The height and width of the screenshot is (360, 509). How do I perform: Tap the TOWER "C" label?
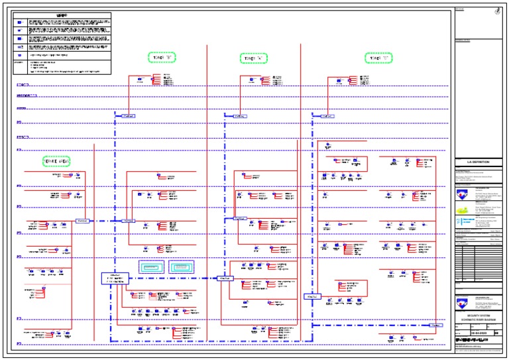point(378,58)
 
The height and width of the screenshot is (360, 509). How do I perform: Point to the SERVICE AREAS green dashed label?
point(56,161)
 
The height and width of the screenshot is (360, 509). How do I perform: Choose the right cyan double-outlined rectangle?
point(182,267)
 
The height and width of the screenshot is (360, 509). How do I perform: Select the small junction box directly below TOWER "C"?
point(326,115)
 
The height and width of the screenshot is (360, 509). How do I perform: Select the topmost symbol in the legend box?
point(21,23)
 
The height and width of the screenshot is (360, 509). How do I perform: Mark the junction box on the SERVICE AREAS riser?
point(82,220)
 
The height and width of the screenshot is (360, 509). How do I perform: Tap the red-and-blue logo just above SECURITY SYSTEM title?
point(461,304)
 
